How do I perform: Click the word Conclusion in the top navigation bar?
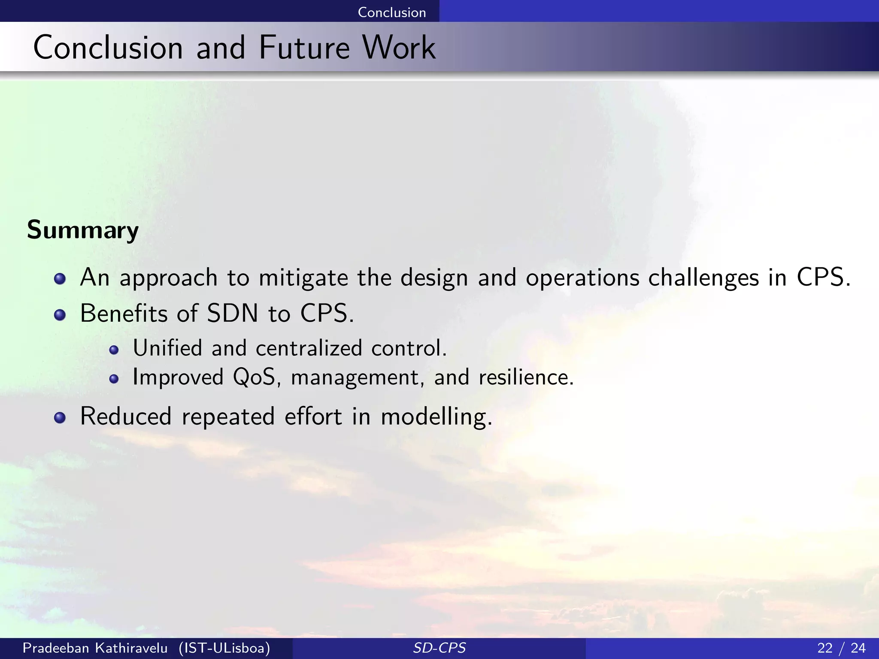coord(391,12)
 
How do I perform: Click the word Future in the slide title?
coord(304,48)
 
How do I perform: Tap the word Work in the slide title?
coord(399,48)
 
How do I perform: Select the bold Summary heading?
coord(83,230)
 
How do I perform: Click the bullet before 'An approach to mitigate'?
coord(60,279)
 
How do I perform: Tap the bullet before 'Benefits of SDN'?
coord(60,315)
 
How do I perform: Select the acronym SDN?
coord(232,314)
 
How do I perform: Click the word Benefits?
coord(123,314)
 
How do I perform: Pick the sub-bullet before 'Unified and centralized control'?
coord(114,350)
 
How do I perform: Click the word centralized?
coord(309,348)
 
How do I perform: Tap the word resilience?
coord(526,378)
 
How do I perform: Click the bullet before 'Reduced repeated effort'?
coord(60,418)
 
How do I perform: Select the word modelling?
coord(436,417)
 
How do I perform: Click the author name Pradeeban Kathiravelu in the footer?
coord(95,648)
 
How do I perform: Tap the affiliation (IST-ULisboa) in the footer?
coord(224,648)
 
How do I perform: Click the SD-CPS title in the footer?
coord(439,648)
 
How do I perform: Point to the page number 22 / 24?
coord(841,648)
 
